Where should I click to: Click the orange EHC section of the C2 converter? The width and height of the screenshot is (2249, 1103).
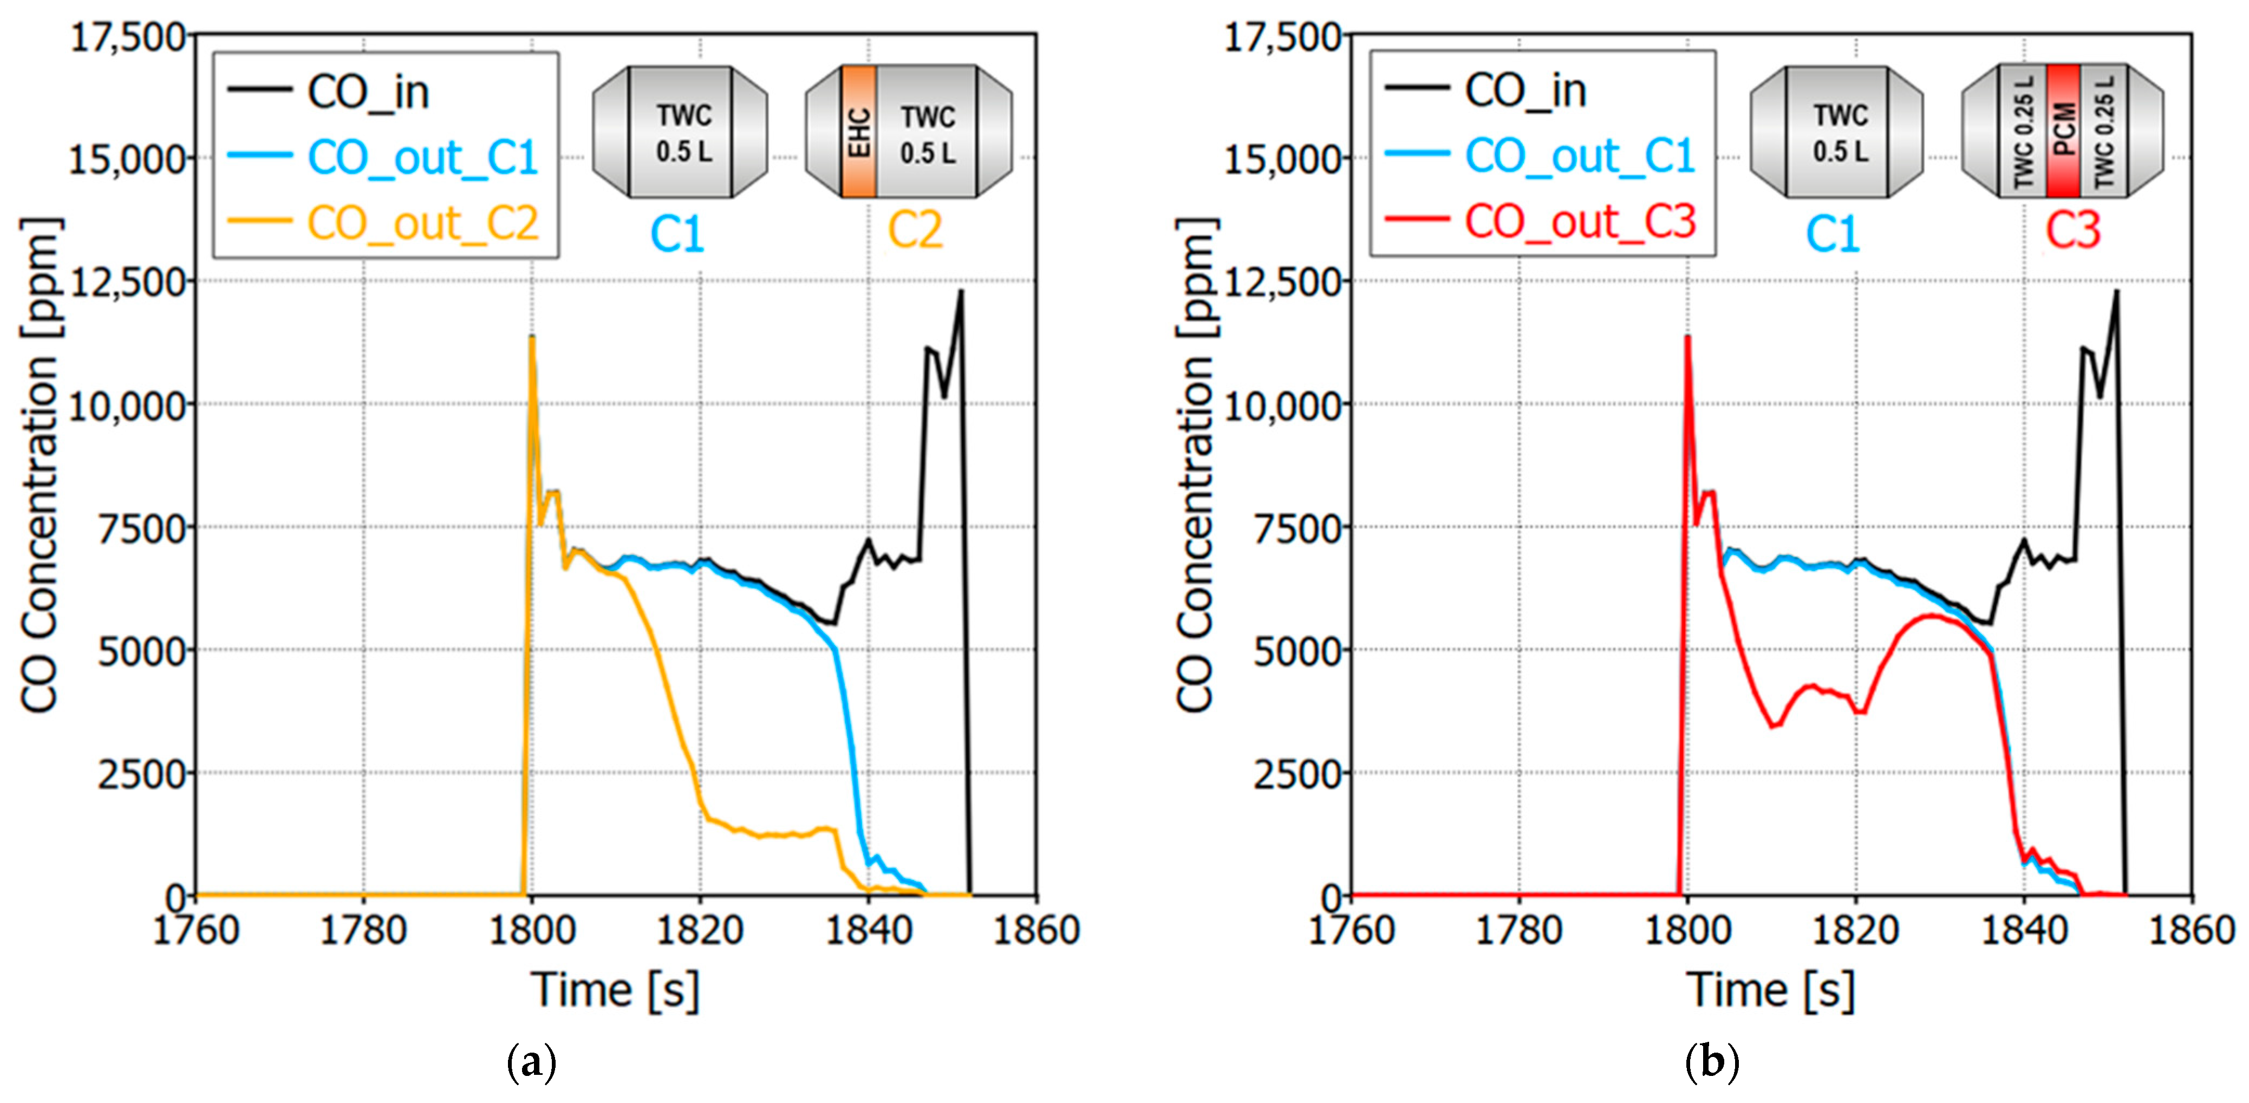click(859, 131)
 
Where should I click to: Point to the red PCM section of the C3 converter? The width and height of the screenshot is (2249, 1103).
click(2064, 130)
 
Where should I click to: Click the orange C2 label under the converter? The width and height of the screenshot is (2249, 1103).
click(915, 231)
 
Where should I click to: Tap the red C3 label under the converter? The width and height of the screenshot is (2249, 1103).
click(2072, 231)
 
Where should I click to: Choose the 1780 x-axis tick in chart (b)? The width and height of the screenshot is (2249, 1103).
click(1518, 930)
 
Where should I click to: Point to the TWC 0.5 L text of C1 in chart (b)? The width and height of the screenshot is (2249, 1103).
click(1840, 133)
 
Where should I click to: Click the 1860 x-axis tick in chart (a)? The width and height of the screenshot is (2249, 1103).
click(1037, 930)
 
